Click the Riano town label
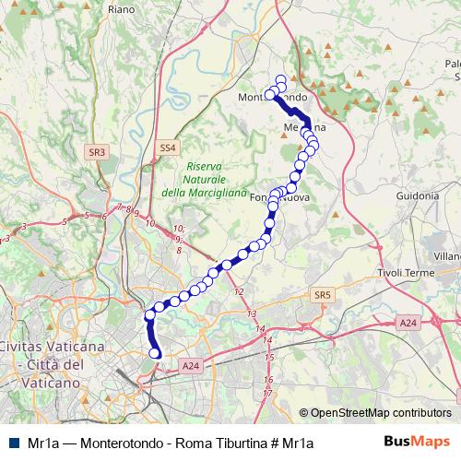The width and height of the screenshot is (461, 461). click(x=122, y=9)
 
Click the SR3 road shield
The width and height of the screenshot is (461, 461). click(x=98, y=151)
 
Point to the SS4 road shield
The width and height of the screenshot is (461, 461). click(x=166, y=148)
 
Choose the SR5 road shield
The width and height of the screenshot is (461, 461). click(x=321, y=295)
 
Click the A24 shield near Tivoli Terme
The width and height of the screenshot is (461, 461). click(x=408, y=321)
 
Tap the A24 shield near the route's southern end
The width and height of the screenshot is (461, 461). click(x=191, y=366)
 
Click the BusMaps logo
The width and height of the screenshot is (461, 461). click(x=418, y=442)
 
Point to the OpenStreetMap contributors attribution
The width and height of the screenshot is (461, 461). click(x=381, y=413)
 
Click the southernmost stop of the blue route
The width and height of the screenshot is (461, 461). click(x=156, y=353)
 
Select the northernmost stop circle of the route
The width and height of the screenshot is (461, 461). click(x=281, y=79)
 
